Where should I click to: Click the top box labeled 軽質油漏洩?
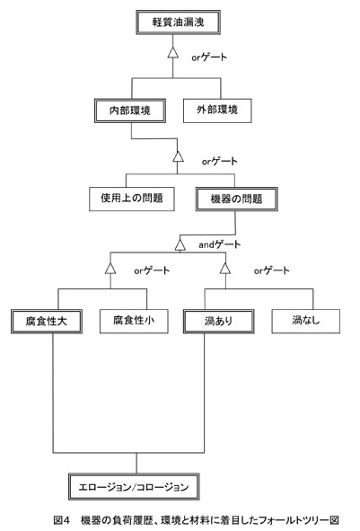[179, 22]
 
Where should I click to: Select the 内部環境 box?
[130, 111]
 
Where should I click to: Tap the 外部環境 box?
[217, 111]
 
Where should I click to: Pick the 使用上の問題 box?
[132, 199]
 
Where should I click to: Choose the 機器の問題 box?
[236, 199]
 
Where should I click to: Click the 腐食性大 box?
[47, 321]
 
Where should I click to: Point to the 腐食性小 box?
[134, 321]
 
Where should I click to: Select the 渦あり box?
[218, 321]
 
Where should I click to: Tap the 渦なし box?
[306, 321]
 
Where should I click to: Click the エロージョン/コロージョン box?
[134, 487]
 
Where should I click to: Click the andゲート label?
[219, 244]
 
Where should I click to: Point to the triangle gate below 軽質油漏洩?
[173, 52]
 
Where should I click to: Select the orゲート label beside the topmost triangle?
[209, 58]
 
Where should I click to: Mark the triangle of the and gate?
[180, 245]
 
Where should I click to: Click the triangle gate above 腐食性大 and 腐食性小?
[110, 268]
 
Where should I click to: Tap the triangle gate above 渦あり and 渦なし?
[225, 268]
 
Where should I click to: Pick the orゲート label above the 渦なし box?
[272, 270]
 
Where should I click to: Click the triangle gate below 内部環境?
[178, 156]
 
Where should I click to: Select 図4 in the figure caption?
[62, 520]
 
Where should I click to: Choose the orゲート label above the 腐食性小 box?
[152, 270]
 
